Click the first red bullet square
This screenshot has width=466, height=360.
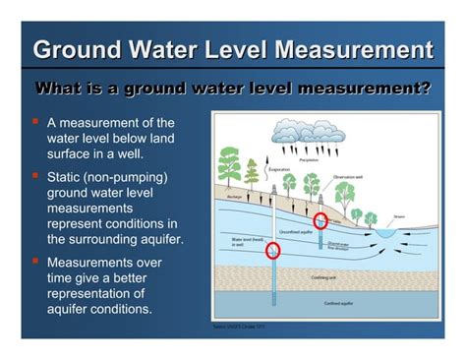tap(35, 122)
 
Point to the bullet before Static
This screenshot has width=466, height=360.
tap(35, 176)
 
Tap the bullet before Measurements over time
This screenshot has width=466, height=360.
tap(35, 262)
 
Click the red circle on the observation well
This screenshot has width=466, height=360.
tap(320, 221)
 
